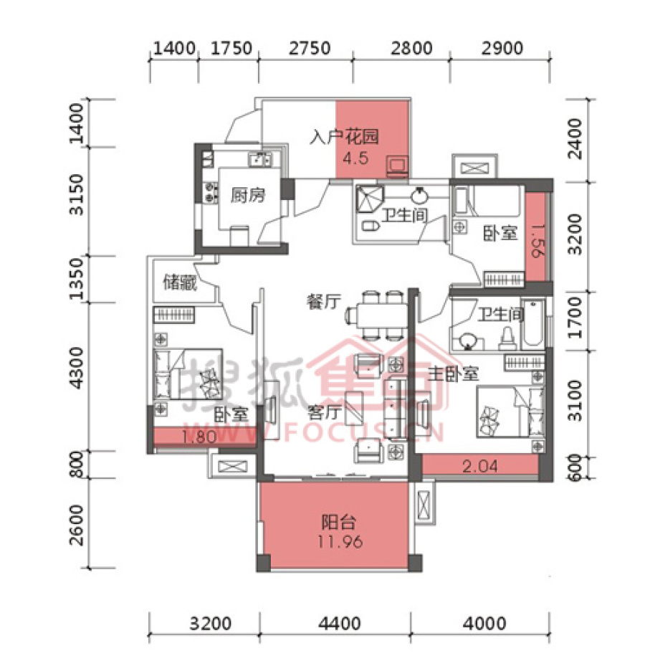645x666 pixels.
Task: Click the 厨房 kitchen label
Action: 248,196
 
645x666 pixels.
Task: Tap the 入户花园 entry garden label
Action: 344,136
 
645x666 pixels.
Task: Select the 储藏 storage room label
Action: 181,282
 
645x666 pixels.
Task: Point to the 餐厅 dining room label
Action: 323,302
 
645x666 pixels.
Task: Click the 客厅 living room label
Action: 325,412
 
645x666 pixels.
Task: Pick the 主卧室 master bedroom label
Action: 453,374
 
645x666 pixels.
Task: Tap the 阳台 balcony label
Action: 338,522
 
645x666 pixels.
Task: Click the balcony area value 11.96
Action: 340,542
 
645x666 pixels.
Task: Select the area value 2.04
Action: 480,467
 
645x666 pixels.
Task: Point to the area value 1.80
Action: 199,437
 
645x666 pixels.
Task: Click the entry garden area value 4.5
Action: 355,158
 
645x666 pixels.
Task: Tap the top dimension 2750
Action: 310,49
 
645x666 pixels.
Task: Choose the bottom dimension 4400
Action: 340,624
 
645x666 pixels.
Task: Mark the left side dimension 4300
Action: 77,368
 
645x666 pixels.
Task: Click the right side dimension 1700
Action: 575,318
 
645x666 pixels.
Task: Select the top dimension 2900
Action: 502,49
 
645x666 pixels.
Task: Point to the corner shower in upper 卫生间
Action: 369,199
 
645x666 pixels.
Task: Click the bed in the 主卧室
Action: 510,412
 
